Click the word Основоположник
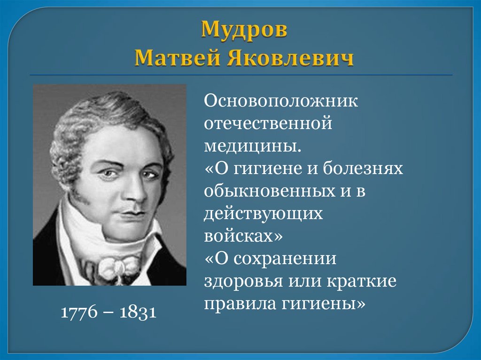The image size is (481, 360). tap(281, 101)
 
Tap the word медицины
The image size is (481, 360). tap(251, 146)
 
